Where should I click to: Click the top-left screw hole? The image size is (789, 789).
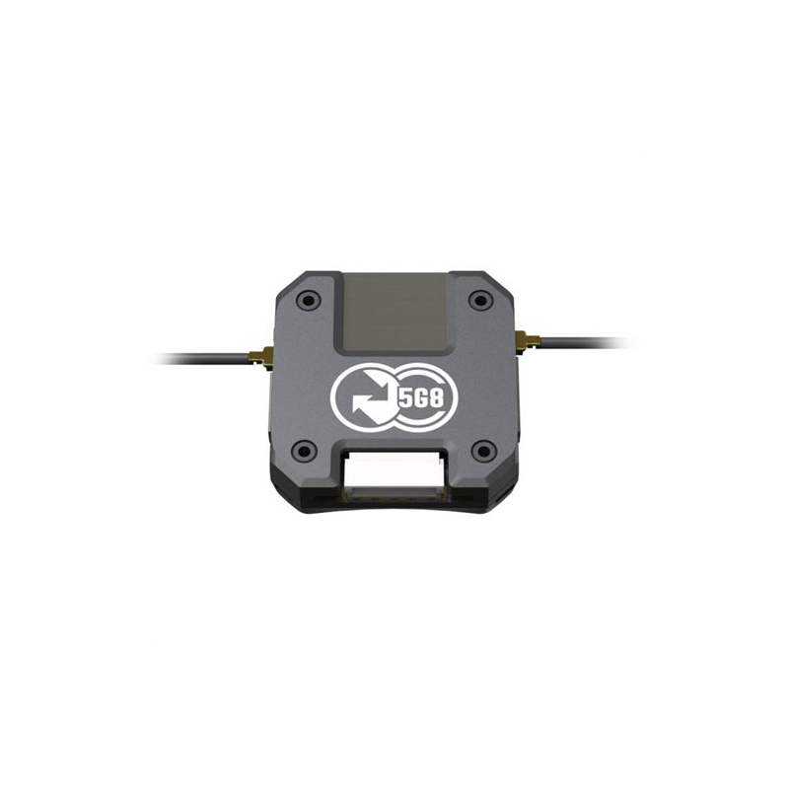tap(307, 301)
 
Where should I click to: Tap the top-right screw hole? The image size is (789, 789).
tap(480, 301)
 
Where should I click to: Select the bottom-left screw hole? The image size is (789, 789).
tap(304, 451)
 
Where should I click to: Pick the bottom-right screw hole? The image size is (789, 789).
tap(483, 451)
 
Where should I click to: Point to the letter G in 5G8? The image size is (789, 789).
tap(420, 400)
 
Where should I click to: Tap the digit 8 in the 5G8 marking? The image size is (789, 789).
tap(437, 400)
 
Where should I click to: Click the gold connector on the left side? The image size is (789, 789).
tap(261, 358)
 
